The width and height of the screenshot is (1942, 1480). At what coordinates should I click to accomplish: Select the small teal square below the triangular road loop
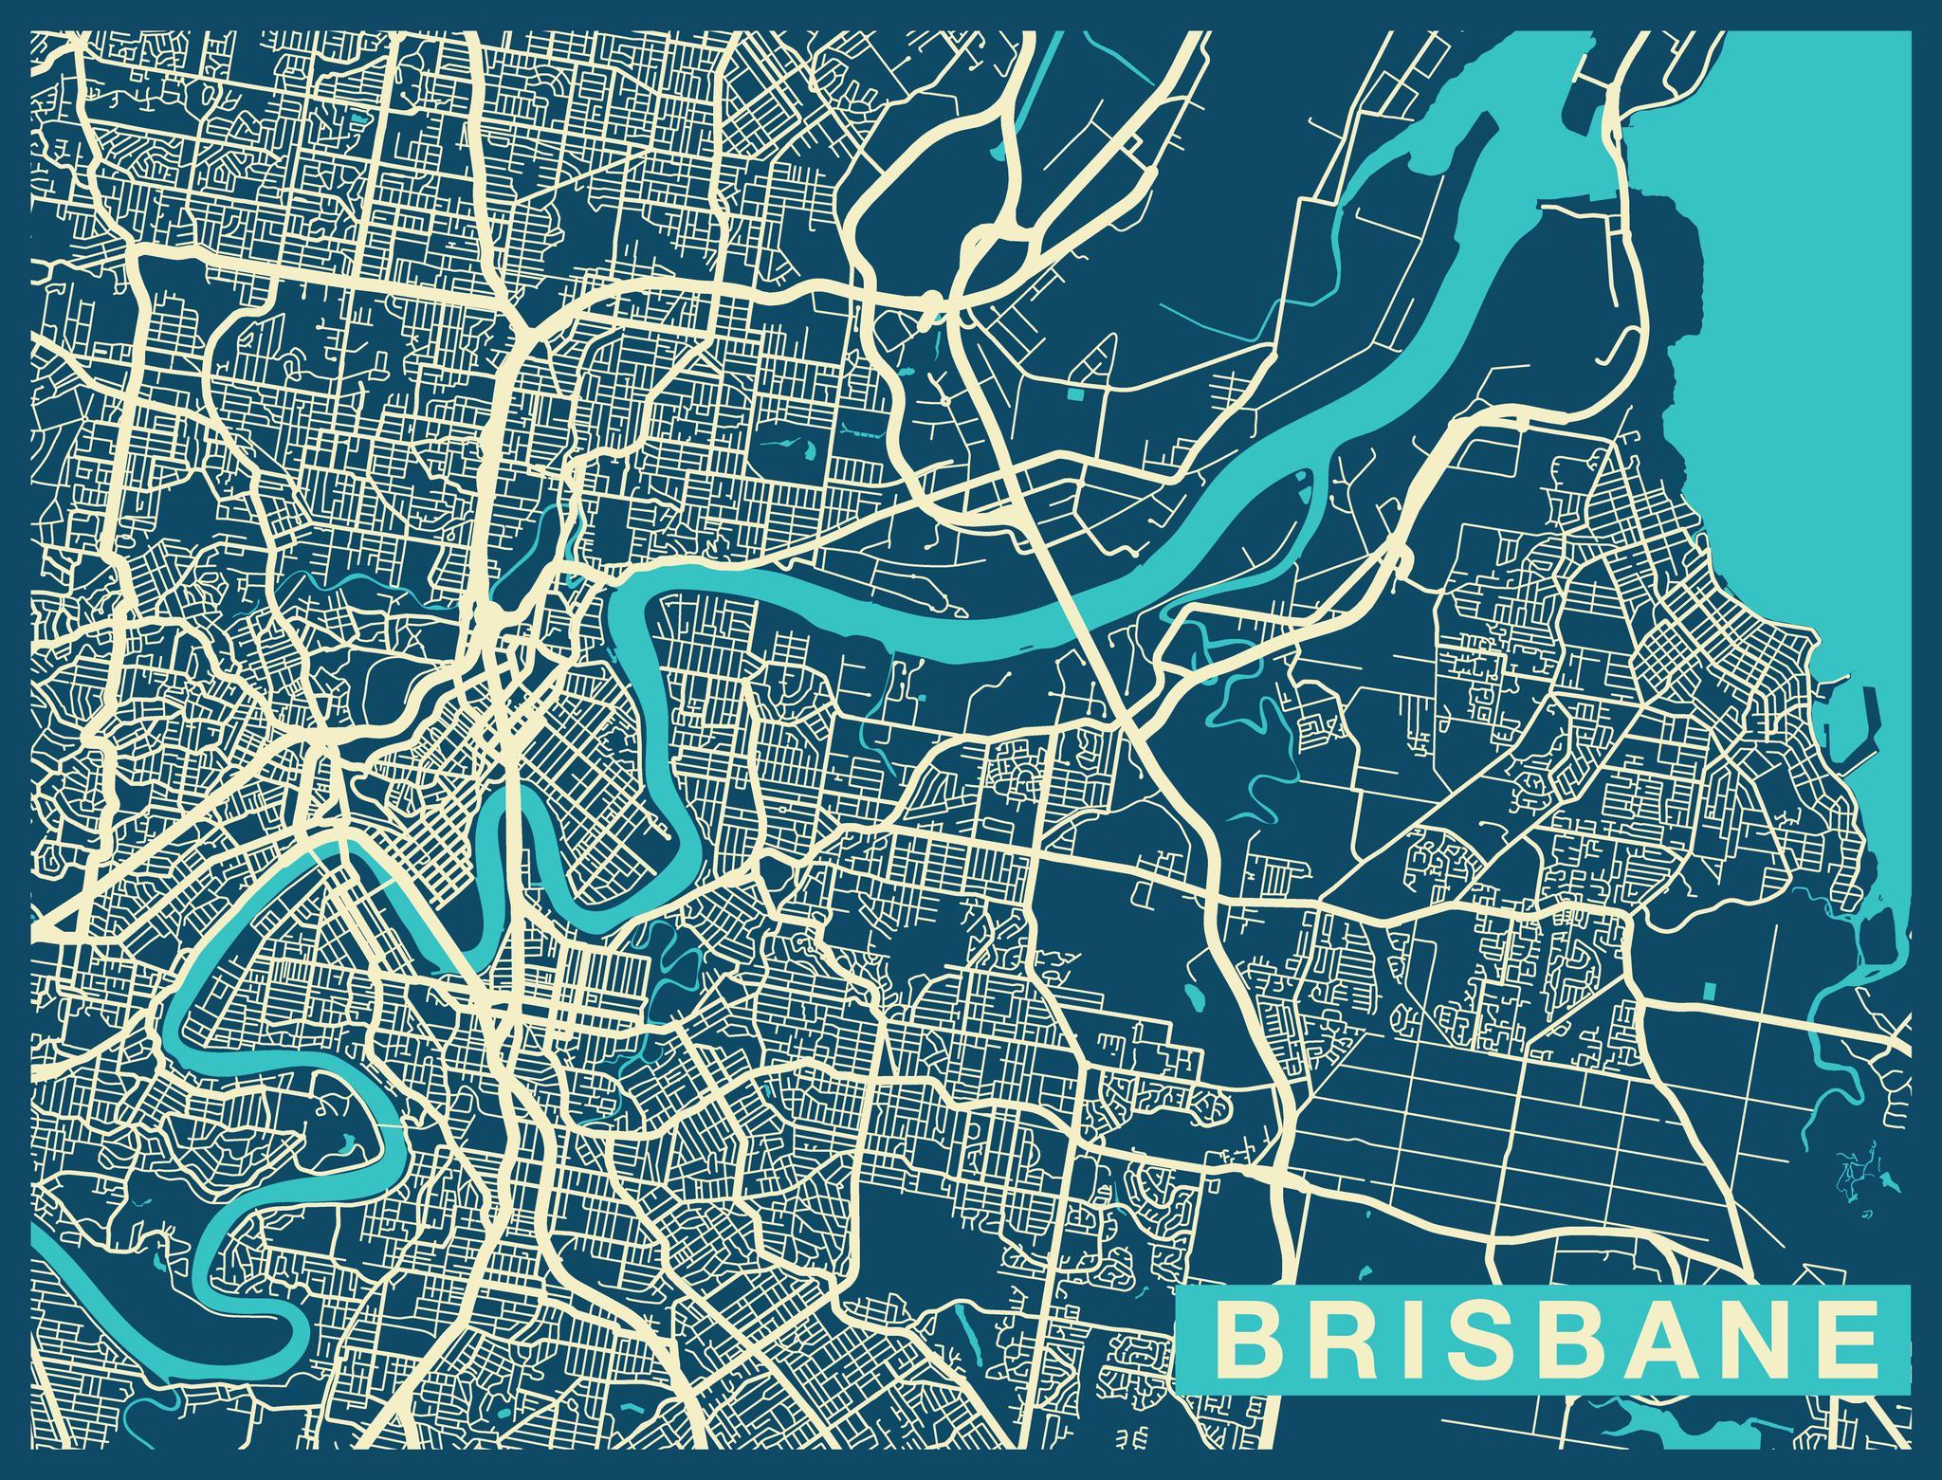(1074, 393)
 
